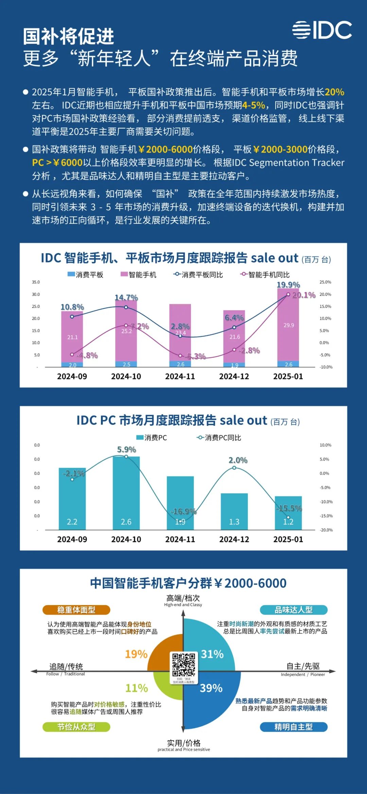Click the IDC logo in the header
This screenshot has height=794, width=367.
tap(322, 30)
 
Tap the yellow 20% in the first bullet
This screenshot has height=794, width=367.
tap(334, 92)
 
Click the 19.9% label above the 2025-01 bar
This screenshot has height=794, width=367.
tap(288, 284)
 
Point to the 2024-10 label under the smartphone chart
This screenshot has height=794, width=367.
tap(126, 376)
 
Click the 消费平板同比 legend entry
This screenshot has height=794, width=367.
tap(198, 275)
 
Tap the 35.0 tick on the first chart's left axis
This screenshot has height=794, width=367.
tap(36, 282)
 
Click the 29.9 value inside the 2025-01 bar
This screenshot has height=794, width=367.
tap(289, 325)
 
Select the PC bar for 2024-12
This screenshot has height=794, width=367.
tap(234, 511)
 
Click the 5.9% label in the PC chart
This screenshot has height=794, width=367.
tap(126, 449)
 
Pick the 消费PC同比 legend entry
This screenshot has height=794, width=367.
tap(219, 438)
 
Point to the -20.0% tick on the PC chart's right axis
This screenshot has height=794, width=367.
tap(326, 530)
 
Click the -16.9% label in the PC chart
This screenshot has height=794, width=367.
tap(183, 511)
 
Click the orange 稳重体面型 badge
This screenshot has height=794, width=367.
tap(76, 610)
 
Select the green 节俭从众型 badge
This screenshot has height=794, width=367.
tap(76, 727)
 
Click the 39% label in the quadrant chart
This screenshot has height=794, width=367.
tap(211, 688)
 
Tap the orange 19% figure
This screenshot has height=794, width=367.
tap(136, 654)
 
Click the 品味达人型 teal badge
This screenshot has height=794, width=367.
tap(294, 610)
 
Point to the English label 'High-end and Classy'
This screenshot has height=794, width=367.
tap(183, 605)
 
